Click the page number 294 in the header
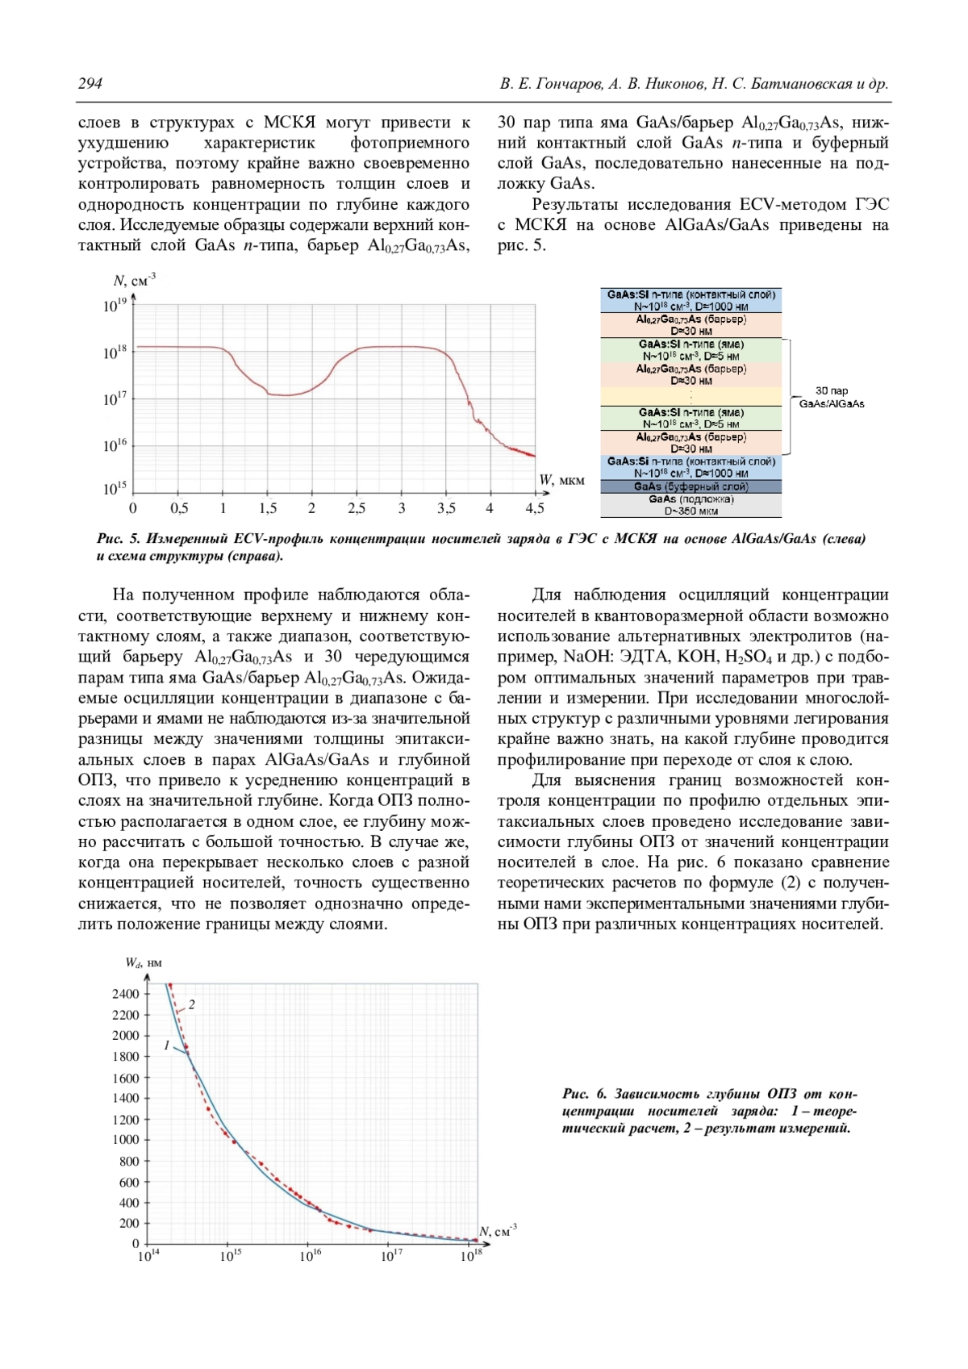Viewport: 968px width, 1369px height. [90, 84]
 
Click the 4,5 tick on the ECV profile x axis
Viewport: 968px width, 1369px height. [534, 508]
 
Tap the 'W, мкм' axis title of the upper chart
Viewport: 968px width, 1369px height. [561, 481]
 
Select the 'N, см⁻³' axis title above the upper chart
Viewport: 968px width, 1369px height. [134, 281]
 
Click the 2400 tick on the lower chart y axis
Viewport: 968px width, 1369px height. [125, 994]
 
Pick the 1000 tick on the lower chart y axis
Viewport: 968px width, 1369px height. [125, 1140]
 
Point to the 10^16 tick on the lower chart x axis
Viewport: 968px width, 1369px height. [311, 1256]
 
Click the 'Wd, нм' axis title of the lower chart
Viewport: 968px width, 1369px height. [144, 962]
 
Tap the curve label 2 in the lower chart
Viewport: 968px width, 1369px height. [192, 1005]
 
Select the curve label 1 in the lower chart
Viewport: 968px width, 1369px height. [167, 1046]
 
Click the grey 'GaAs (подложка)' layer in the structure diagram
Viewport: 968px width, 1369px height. [691, 505]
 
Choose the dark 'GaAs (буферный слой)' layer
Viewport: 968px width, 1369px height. [691, 486]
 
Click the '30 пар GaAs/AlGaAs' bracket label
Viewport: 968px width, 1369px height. [831, 397]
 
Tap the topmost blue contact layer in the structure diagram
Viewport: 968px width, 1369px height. [691, 300]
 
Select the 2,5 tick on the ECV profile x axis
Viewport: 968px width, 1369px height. [356, 508]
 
